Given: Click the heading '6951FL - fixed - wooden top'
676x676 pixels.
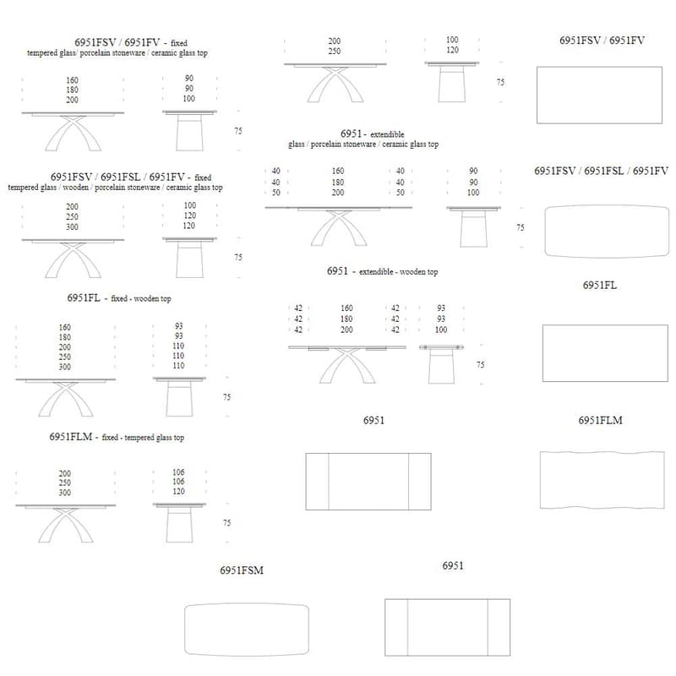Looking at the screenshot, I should [119, 298].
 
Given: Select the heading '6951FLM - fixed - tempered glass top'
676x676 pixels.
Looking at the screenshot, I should [117, 437].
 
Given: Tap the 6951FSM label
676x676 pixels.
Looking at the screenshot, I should [242, 570].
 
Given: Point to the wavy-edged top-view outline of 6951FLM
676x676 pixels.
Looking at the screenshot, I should [602, 480].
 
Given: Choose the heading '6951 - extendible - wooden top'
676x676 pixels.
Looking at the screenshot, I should [382, 271].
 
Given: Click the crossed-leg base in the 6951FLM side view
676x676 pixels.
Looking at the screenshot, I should [65, 524].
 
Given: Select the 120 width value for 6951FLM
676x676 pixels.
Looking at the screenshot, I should [178, 492].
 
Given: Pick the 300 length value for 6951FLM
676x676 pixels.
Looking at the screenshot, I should [65, 493].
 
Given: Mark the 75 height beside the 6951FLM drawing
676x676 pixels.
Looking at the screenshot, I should [226, 523].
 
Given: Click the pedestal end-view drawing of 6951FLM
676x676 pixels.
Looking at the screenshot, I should [178, 524].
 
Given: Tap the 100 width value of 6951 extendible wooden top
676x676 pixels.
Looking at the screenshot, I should [441, 330].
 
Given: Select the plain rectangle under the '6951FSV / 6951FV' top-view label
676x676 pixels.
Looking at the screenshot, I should [602, 95].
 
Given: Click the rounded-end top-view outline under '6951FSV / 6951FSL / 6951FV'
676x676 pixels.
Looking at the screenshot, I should [601, 231].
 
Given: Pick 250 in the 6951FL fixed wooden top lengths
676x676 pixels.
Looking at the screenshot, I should [65, 357].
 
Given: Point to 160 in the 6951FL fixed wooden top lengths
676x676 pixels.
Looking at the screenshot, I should [65, 327].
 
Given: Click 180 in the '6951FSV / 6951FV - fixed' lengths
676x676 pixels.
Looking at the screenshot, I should [72, 89].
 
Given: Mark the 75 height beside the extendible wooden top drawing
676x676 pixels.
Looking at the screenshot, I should [480, 365].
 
